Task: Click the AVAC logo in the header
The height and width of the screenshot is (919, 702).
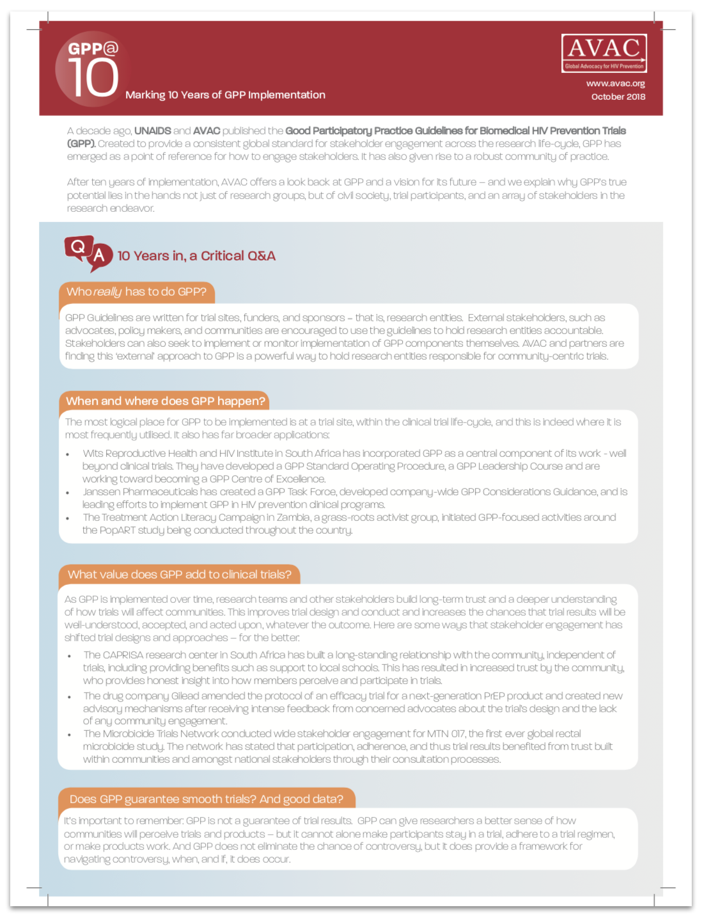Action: [604, 53]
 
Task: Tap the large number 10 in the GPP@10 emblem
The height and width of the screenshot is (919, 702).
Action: [93, 78]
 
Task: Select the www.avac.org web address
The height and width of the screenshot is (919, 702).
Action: [615, 83]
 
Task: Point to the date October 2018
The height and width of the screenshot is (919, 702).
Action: [618, 97]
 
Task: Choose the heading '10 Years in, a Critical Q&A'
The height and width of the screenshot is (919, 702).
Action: [196, 256]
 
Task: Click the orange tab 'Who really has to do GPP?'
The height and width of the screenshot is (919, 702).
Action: [136, 292]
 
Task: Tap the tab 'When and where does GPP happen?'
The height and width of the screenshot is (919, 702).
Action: [165, 401]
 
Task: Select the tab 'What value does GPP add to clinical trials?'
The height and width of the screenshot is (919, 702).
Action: [179, 575]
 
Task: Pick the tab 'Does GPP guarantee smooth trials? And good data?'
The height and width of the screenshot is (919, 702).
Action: [206, 799]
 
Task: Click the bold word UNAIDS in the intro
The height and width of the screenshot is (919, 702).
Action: [152, 131]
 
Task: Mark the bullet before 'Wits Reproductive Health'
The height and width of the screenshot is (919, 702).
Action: [68, 454]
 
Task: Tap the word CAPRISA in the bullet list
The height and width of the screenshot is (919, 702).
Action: [123, 655]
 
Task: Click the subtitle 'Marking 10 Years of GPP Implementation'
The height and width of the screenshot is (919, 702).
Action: [225, 95]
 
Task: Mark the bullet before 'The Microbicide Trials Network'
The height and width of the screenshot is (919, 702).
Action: [69, 735]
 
